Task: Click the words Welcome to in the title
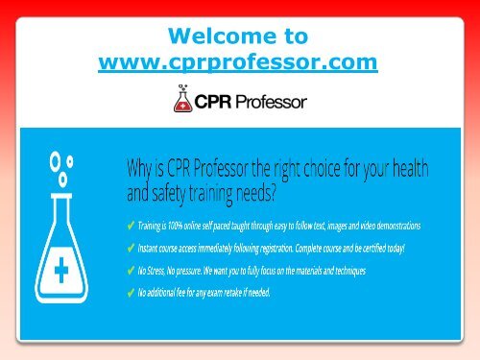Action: tap(237, 36)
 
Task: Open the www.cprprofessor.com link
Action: tap(237, 63)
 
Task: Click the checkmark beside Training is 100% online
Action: tap(132, 225)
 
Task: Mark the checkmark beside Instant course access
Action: tap(132, 248)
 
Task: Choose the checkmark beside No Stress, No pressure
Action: tap(132, 270)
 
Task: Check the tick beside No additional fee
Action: tap(132, 292)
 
